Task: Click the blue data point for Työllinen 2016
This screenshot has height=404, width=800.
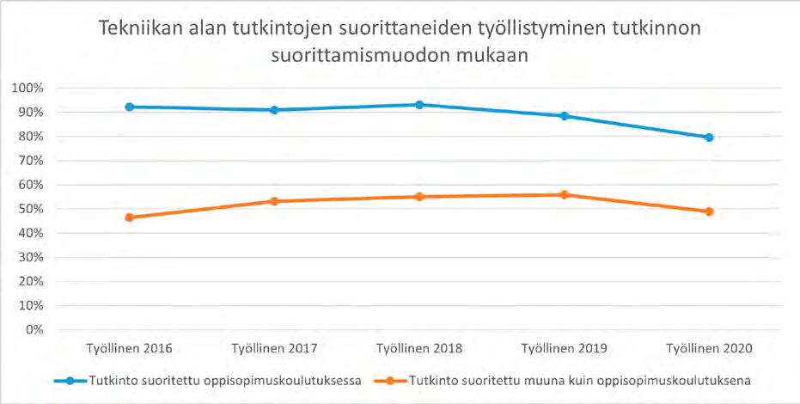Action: (130, 107)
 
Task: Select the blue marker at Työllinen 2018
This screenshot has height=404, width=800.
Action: (419, 105)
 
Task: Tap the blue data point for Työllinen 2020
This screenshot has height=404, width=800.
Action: (709, 138)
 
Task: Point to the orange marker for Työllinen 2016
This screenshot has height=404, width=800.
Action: (130, 217)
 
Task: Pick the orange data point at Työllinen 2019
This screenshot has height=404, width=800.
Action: (565, 194)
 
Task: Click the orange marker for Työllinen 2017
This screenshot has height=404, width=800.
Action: (274, 201)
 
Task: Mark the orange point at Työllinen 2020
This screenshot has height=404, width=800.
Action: (709, 211)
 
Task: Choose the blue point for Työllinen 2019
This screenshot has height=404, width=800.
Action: (565, 116)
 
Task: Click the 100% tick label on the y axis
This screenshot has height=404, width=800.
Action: (27, 89)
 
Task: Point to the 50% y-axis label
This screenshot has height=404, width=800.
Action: (30, 209)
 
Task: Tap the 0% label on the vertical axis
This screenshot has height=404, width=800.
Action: (34, 330)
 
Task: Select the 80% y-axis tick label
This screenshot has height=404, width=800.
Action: (30, 137)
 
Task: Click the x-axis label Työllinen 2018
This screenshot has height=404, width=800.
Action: (419, 349)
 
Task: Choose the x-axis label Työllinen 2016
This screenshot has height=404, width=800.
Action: (130, 349)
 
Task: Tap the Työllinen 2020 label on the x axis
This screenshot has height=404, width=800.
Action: (709, 349)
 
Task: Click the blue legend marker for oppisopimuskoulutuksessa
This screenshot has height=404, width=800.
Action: (70, 381)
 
